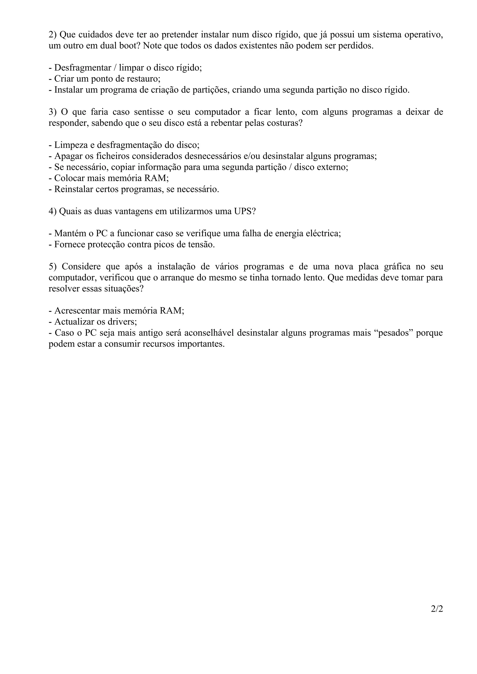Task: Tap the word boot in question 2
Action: click(128, 46)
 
